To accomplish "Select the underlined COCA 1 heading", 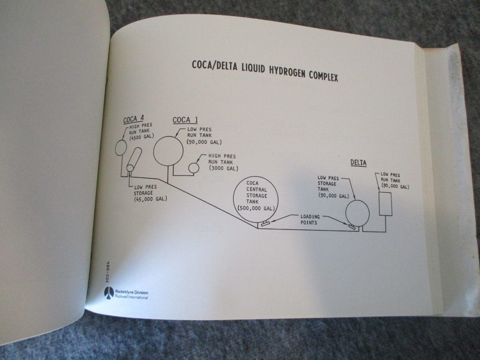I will click(185, 120).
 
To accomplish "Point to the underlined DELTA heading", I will click(358, 163).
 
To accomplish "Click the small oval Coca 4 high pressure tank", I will click(120, 148).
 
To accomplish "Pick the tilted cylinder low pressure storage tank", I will click(134, 159).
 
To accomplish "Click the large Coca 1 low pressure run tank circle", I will click(168, 151).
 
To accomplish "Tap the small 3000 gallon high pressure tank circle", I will click(193, 168).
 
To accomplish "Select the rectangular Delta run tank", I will click(385, 204).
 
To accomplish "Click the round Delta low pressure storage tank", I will click(358, 213).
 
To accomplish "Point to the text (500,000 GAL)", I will click(255, 208).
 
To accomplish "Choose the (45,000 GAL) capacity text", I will click(151, 199).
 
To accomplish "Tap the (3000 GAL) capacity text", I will click(223, 168).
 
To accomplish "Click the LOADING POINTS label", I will click(310, 219).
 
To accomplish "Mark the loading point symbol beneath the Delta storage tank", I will click(352, 226).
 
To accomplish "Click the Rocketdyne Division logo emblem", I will click(108, 292).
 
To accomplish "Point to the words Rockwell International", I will click(131, 297).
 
